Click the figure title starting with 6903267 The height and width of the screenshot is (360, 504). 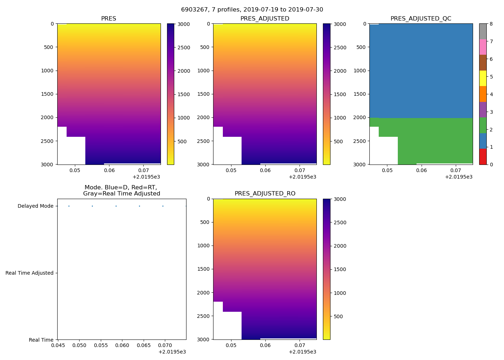coord(252,10)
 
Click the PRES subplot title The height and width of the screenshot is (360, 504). coord(109,19)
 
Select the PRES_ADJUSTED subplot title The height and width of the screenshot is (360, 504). coord(265,19)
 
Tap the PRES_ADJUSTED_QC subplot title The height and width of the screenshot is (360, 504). coord(421,19)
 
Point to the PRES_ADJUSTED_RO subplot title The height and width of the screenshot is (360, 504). coord(265,194)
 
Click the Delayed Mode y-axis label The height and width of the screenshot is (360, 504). coord(35,206)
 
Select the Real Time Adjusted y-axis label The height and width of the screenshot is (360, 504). coord(30,273)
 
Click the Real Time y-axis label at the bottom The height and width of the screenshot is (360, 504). coord(41,340)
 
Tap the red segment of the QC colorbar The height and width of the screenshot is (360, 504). coord(483,157)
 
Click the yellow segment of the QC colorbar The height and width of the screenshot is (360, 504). coord(483,78)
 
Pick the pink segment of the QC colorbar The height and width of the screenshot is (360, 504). coord(483,47)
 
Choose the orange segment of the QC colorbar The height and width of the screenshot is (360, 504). coord(483,94)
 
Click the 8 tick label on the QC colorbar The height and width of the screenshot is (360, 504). coord(491,24)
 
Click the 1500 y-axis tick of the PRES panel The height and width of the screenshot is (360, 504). coord(47,94)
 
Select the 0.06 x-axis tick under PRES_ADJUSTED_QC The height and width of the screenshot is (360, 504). coord(421,170)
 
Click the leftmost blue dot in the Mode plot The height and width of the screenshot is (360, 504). coord(69,206)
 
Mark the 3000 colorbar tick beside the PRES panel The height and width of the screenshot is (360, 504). coord(184,24)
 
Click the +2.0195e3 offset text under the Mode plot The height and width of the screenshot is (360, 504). coord(172,352)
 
